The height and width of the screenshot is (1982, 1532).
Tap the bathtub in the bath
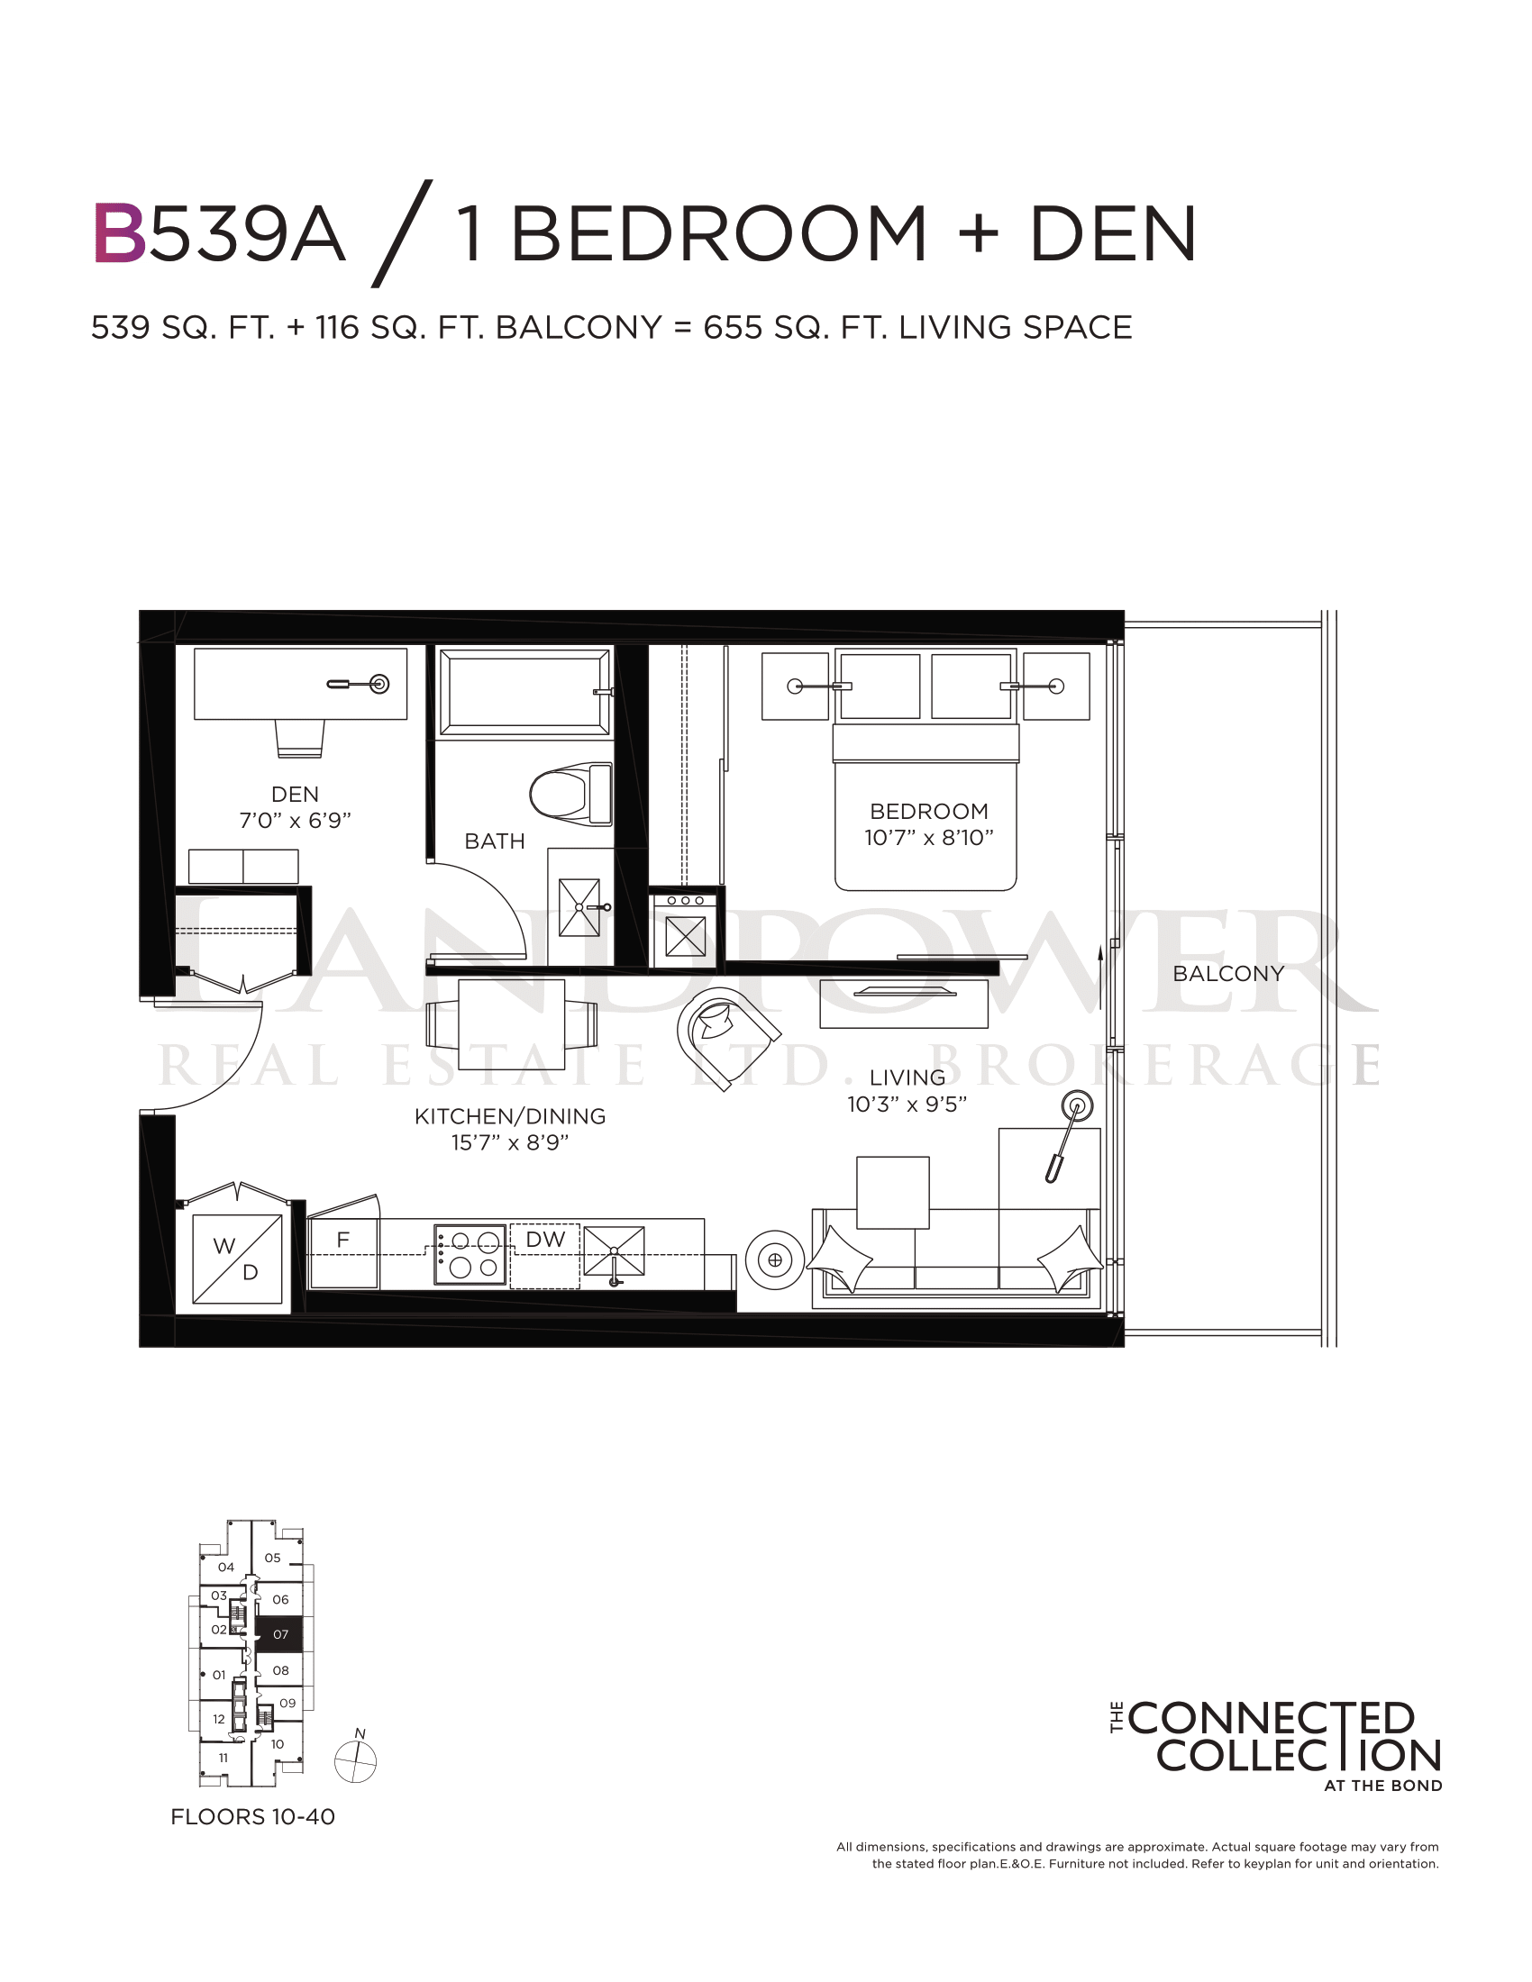(x=524, y=692)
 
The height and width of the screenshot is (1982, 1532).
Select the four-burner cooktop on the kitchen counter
(x=470, y=1254)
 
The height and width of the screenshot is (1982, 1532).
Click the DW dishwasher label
(x=545, y=1240)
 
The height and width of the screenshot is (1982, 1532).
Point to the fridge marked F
(x=343, y=1252)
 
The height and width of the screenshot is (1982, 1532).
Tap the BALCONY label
(x=1228, y=974)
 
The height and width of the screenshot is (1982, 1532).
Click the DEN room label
(x=295, y=794)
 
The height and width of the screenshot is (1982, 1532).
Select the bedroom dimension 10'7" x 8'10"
(x=928, y=838)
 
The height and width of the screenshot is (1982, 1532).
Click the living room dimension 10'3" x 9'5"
(x=907, y=1105)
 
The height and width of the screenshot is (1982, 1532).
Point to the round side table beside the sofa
(x=775, y=1259)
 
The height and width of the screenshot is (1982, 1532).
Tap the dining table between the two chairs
(x=512, y=1024)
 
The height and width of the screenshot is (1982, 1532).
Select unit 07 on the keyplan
(x=281, y=1634)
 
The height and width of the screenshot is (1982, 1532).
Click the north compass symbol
(x=356, y=1762)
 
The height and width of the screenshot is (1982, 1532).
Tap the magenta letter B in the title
(x=119, y=233)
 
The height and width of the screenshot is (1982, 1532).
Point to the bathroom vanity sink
(x=580, y=906)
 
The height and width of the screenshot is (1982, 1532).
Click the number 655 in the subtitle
(x=732, y=328)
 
